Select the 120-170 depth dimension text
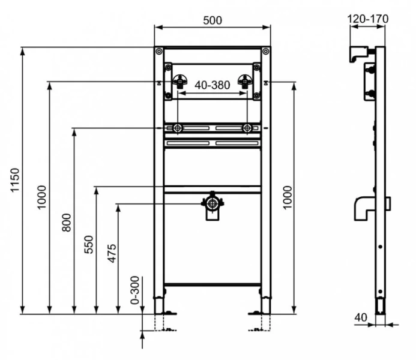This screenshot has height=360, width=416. [368, 19]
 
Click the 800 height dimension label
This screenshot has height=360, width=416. [67, 221]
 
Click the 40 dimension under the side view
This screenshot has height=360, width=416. [360, 316]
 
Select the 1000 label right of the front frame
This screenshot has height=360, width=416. [288, 197]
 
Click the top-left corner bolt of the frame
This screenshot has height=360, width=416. [158, 52]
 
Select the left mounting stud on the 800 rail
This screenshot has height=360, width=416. [178, 128]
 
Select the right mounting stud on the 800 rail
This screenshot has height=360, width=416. [247, 128]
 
